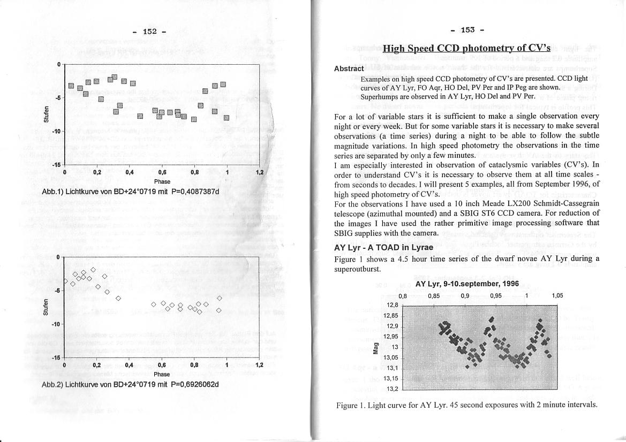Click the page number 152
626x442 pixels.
[149, 32]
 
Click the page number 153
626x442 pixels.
[467, 29]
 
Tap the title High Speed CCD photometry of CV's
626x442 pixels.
[466, 48]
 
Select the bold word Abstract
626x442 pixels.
[349, 68]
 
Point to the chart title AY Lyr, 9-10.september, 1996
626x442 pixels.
[467, 284]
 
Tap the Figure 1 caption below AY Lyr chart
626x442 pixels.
[466, 405]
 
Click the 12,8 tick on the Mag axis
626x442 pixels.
[392, 305]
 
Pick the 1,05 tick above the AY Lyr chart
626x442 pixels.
[557, 295]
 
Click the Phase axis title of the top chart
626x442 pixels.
[161, 181]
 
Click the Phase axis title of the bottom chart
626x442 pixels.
[161, 374]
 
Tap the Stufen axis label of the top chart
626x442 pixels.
[47, 115]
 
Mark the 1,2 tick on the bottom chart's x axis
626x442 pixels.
[259, 365]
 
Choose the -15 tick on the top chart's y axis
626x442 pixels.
[56, 165]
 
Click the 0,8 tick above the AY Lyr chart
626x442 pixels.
[403, 295]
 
